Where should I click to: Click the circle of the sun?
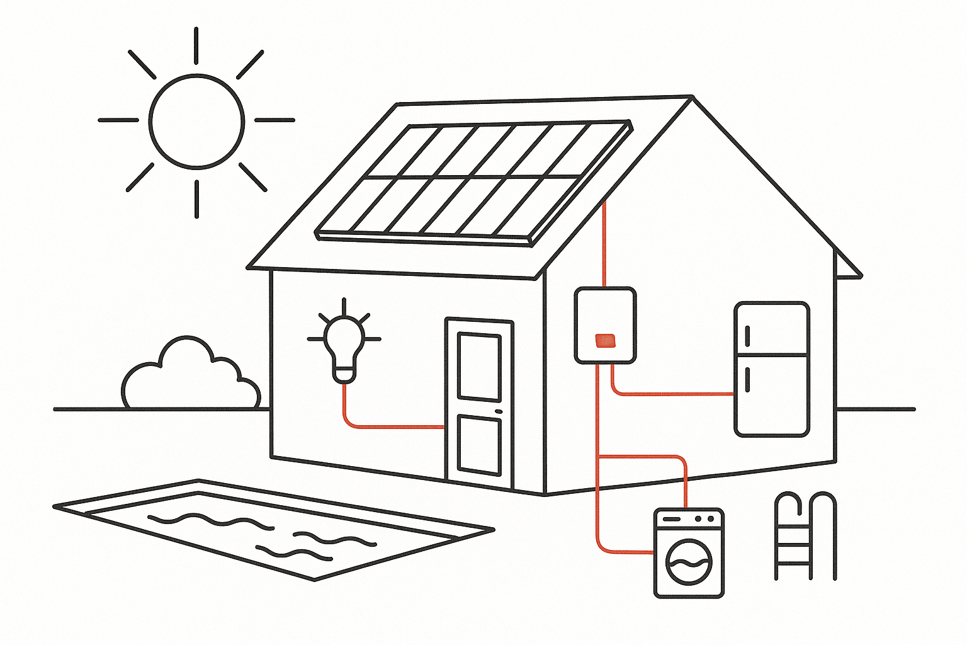click(196, 121)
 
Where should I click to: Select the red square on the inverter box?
click(605, 340)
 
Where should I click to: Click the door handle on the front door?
click(499, 411)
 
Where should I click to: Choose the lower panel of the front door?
click(479, 445)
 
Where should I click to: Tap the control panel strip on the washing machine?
click(689, 519)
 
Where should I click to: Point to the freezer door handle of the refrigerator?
click(747, 336)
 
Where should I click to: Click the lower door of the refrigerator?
click(772, 396)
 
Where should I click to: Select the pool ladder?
click(805, 535)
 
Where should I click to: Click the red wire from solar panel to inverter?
click(604, 246)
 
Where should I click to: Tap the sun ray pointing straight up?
click(196, 45)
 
